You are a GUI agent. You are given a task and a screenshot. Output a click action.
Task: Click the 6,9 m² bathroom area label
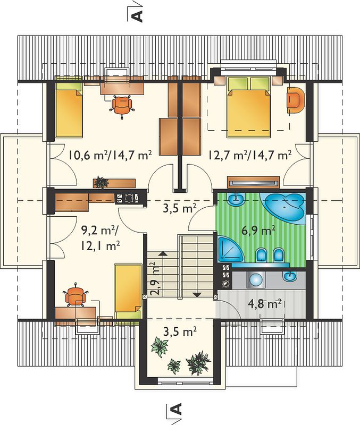point(258,231)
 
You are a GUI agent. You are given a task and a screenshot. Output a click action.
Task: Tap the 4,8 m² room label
point(264,303)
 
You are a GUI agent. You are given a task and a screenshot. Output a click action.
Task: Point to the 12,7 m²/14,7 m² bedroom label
point(250,155)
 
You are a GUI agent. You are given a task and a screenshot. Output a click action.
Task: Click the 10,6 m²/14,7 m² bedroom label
point(110,155)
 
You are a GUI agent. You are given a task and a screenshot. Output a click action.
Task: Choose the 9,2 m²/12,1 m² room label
point(100,238)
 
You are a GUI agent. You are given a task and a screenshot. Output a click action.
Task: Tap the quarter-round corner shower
point(230,249)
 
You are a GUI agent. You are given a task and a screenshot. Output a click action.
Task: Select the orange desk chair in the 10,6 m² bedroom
point(122,106)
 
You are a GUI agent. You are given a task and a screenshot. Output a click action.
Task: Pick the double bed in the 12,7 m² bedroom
point(249,107)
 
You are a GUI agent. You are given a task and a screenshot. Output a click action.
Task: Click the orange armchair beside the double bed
point(296,99)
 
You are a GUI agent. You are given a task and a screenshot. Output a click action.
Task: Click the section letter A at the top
point(137,16)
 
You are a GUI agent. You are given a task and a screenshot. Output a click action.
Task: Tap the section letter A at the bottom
point(177,409)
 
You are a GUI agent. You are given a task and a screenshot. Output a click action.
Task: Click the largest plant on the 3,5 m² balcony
point(198,363)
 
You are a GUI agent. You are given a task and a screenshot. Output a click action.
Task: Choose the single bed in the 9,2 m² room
point(128,292)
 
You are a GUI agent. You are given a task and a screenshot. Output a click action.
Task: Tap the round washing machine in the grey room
point(256,279)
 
